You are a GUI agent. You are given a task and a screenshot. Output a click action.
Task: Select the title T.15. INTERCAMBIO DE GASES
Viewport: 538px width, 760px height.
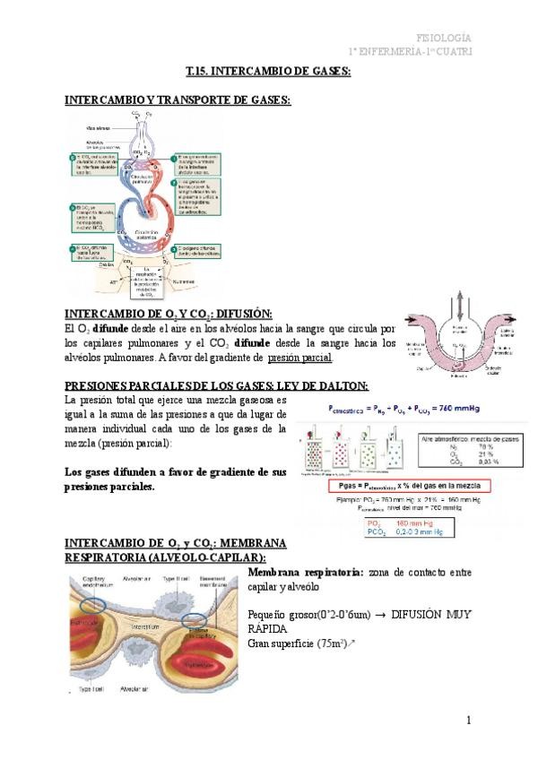[x=268, y=71]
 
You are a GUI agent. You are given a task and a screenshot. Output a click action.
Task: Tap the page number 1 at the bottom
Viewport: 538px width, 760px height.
[x=468, y=720]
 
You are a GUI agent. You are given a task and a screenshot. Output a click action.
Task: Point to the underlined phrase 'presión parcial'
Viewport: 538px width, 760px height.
[x=300, y=358]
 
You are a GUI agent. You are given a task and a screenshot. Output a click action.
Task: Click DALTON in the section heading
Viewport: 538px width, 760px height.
[x=339, y=385]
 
